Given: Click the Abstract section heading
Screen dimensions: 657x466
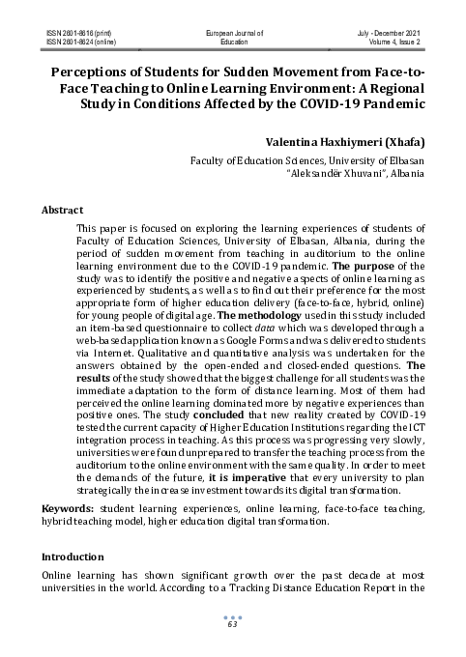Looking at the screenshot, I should pos(62,210).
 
